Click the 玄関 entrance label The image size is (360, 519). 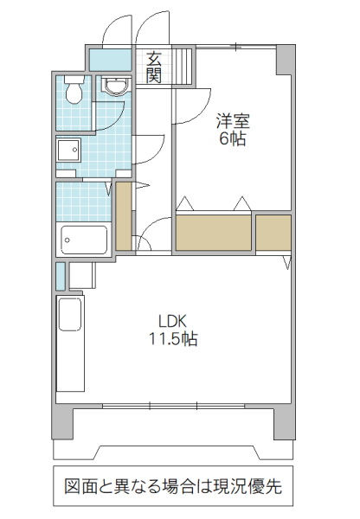click(x=153, y=67)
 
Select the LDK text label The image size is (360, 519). click(x=170, y=319)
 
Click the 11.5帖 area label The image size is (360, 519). click(x=171, y=339)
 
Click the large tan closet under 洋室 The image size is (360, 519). click(x=214, y=232)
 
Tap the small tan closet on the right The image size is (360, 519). click(x=273, y=232)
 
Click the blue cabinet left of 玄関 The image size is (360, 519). click(x=111, y=61)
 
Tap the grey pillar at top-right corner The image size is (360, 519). click(x=284, y=61)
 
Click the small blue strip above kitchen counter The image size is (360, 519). click(x=60, y=275)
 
